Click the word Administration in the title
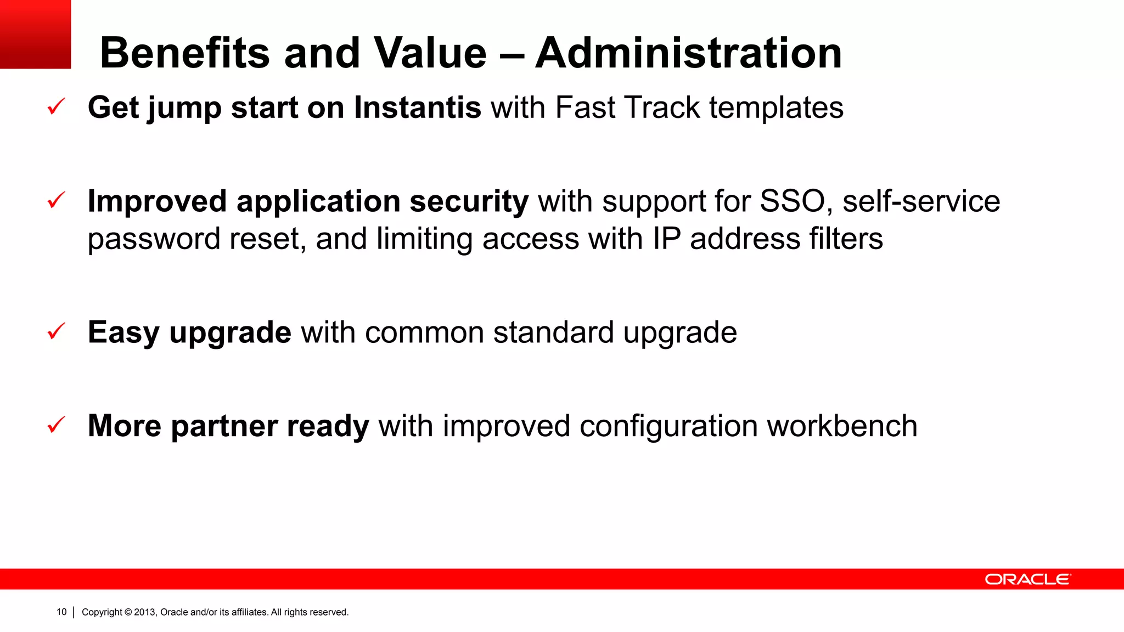688,53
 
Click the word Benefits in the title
185,53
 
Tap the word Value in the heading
430,53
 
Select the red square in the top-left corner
35,34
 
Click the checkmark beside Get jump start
57,106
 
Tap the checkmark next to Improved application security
57,200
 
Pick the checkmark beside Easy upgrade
57,331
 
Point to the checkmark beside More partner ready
57,425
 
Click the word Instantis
418,108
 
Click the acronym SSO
793,201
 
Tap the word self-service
921,201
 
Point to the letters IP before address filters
666,239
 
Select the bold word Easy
123,333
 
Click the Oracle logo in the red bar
1027,579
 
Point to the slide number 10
61,612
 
